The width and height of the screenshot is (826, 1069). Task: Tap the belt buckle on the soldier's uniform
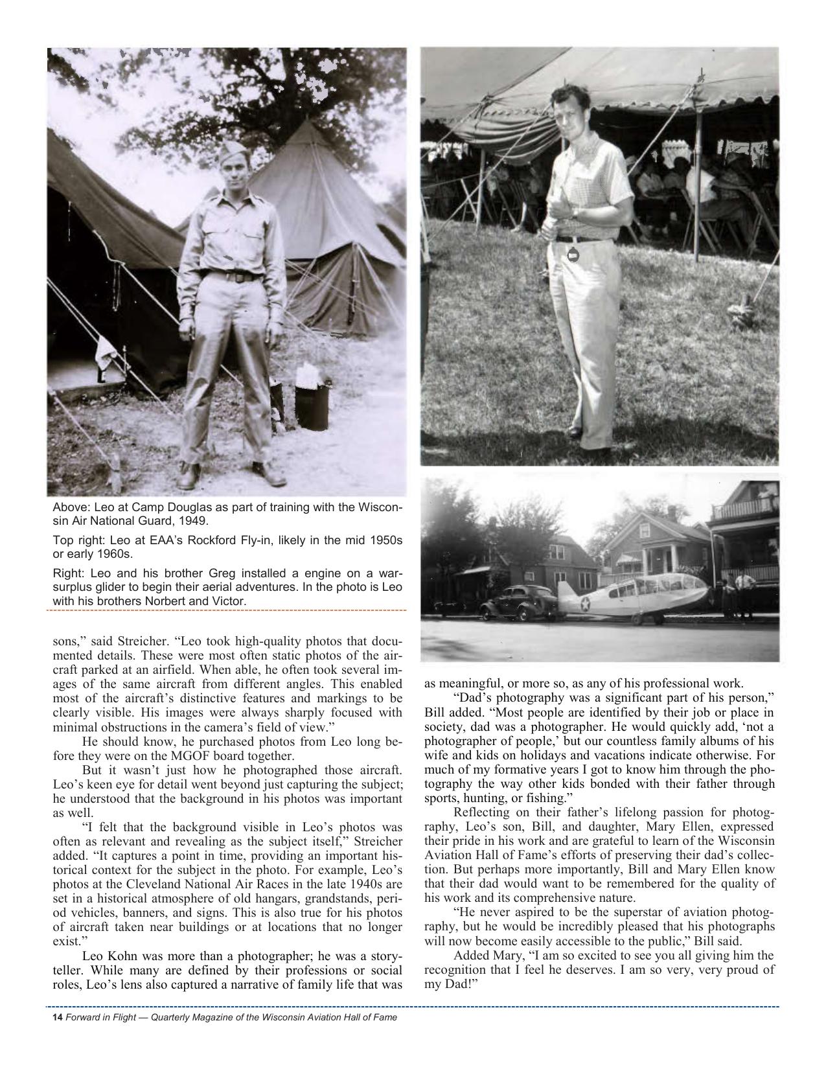coord(230,278)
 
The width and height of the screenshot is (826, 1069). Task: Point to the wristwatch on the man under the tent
coord(575,211)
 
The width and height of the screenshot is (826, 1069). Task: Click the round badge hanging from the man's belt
coord(573,255)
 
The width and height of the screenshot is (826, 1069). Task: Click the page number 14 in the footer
coord(56,1017)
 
